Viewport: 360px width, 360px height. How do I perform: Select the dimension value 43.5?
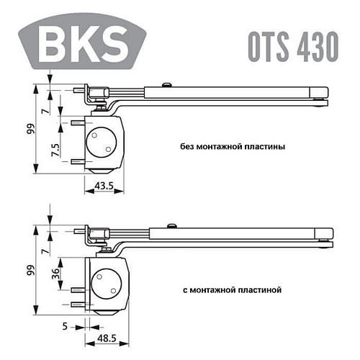point(106,186)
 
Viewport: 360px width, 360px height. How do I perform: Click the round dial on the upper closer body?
point(101,141)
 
